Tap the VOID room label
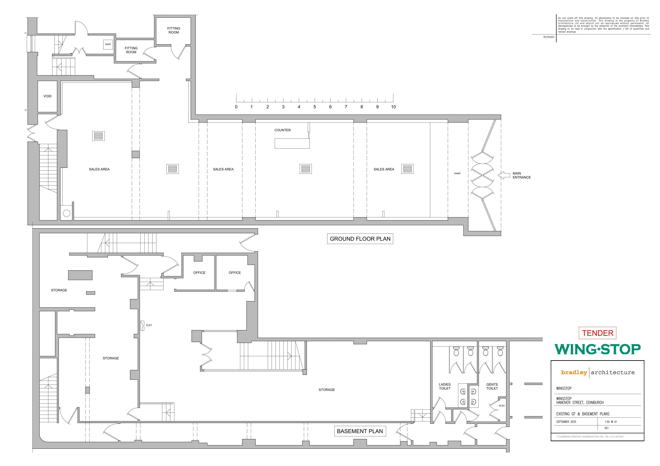47,96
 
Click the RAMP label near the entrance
457,174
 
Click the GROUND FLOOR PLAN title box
360,239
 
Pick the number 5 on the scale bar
315,107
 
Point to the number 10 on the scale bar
393,107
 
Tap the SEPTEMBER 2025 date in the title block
566,422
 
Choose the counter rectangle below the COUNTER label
292,143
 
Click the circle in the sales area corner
66,213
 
